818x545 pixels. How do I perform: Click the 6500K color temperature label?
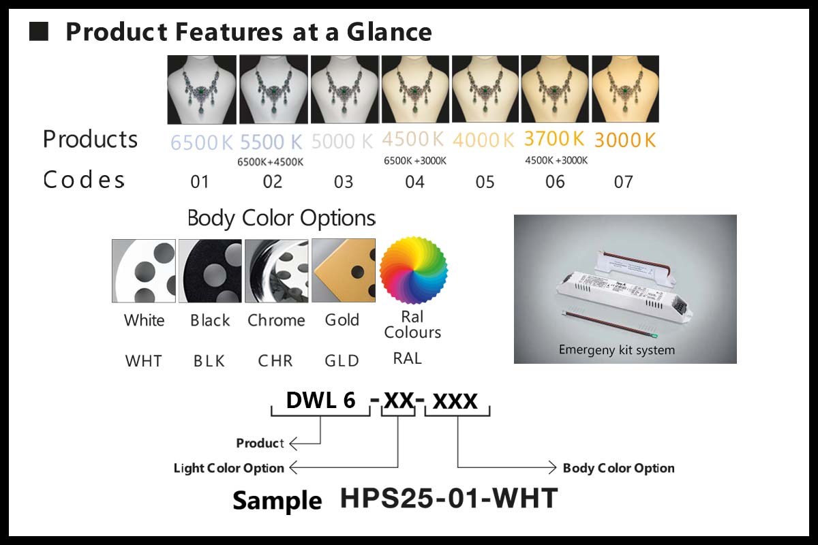click(201, 142)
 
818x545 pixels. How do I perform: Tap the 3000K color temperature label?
click(625, 140)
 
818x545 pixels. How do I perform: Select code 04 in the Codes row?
click(414, 182)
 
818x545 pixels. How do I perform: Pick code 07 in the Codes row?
click(623, 182)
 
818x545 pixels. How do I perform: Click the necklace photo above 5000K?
click(345, 89)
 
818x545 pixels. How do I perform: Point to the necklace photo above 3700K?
click(555, 89)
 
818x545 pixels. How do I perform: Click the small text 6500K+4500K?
click(270, 162)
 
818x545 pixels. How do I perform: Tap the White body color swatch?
click(144, 271)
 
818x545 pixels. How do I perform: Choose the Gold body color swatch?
click(344, 270)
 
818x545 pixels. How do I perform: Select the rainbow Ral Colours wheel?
click(413, 270)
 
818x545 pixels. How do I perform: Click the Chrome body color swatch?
click(277, 271)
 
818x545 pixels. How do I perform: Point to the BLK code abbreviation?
click(209, 361)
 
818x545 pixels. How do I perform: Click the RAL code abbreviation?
click(407, 358)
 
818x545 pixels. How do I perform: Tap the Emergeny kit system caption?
click(617, 350)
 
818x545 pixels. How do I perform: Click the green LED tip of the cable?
click(654, 335)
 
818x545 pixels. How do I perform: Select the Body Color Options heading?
click(281, 218)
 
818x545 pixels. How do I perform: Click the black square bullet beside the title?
click(39, 31)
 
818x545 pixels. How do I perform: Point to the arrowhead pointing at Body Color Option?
click(553, 467)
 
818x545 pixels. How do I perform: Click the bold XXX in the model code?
click(455, 401)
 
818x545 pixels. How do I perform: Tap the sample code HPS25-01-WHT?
click(449, 498)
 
